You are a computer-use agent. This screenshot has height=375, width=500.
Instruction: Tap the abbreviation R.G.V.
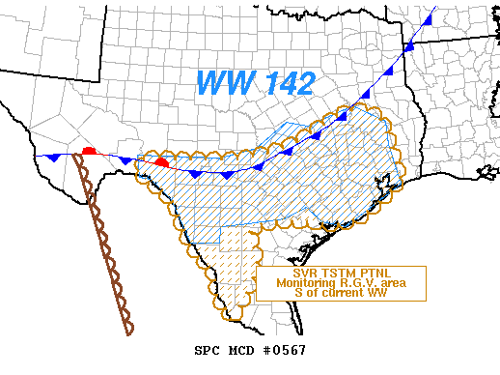tap(350, 283)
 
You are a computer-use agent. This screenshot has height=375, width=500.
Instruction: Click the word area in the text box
tap(386, 283)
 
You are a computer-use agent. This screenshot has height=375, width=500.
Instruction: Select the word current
tap(345, 293)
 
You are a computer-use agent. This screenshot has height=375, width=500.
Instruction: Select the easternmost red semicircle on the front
tap(162, 162)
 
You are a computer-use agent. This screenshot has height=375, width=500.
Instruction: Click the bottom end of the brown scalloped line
tap(129, 332)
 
